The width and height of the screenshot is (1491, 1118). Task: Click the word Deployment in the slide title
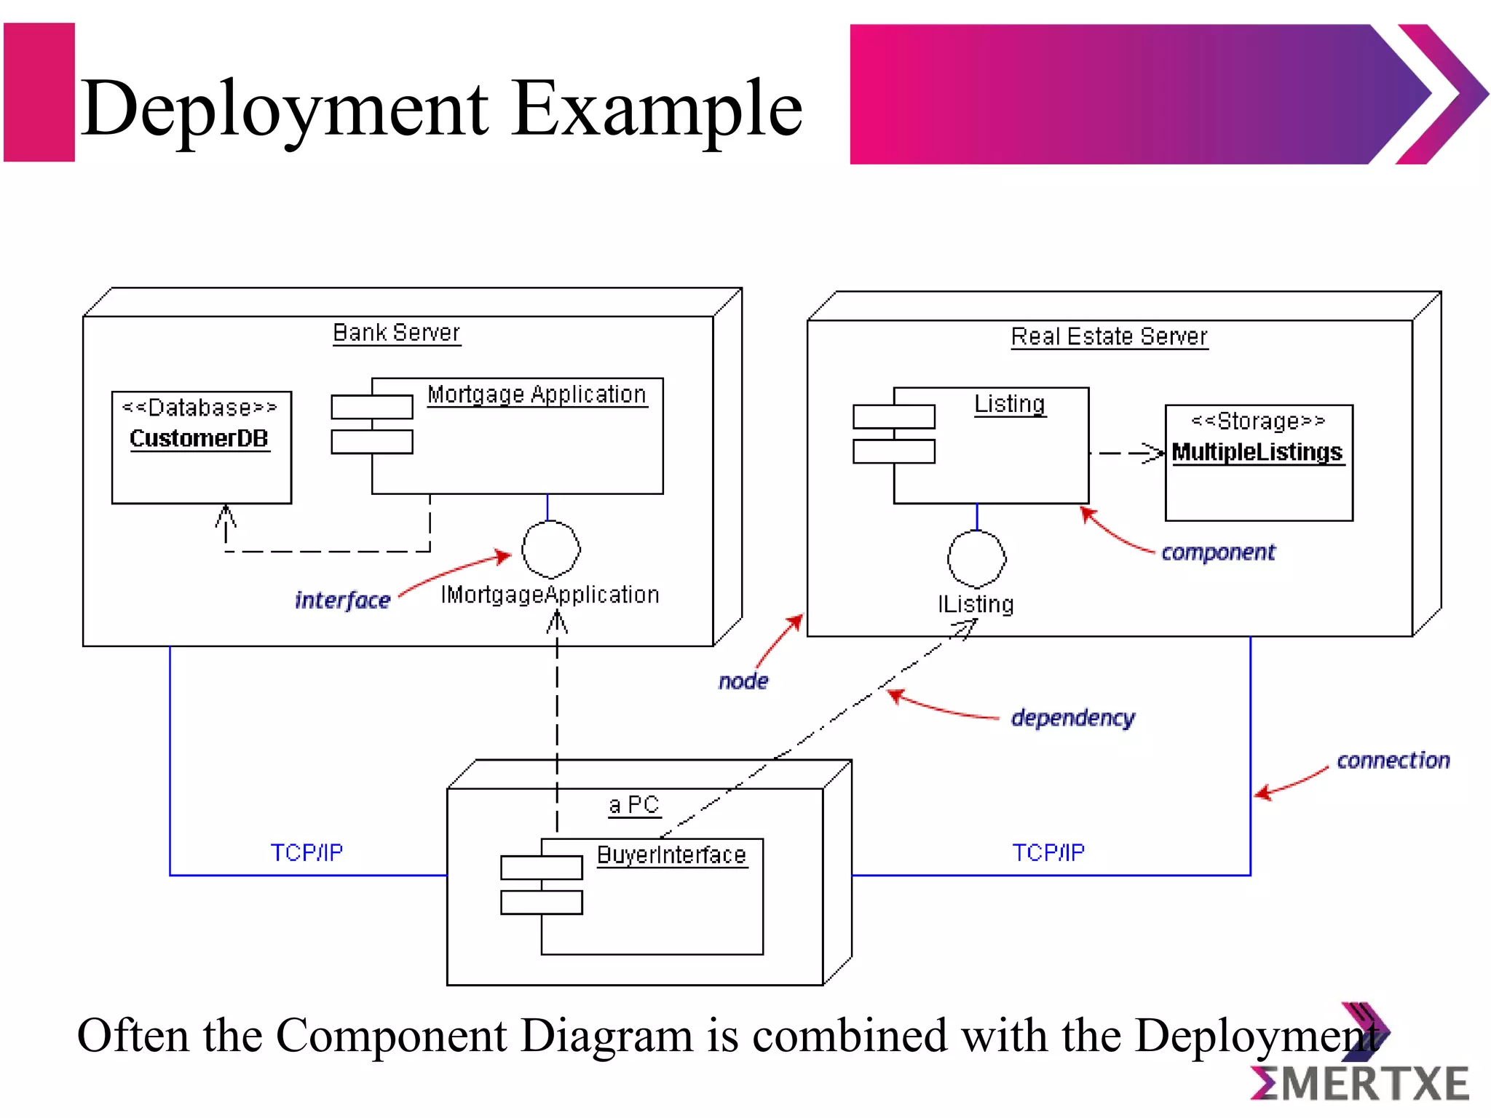point(284,109)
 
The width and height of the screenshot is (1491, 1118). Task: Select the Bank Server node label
point(396,333)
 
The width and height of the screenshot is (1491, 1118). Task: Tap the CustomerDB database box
point(201,447)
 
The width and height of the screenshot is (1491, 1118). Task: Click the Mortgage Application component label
point(537,395)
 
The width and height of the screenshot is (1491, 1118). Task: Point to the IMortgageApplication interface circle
point(551,550)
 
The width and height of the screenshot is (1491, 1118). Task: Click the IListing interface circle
point(976,559)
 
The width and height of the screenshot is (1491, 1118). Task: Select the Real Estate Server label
point(1109,337)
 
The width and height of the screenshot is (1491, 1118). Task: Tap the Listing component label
point(1010,404)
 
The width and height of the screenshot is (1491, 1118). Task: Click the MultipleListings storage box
point(1258,463)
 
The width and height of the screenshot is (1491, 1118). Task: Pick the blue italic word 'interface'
point(342,600)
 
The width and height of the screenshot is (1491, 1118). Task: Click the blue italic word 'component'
point(1218,552)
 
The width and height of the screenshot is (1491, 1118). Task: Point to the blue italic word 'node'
point(743,681)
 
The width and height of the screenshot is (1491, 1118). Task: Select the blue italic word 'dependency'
point(1072,718)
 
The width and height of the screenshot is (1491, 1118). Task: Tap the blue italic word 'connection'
point(1393,761)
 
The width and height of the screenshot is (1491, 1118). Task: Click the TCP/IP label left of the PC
point(306,852)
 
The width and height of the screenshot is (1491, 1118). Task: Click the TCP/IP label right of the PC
point(1048,852)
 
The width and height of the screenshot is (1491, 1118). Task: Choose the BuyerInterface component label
point(671,855)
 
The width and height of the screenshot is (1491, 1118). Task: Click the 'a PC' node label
point(634,805)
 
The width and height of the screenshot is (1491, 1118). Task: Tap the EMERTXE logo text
point(1361,1084)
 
